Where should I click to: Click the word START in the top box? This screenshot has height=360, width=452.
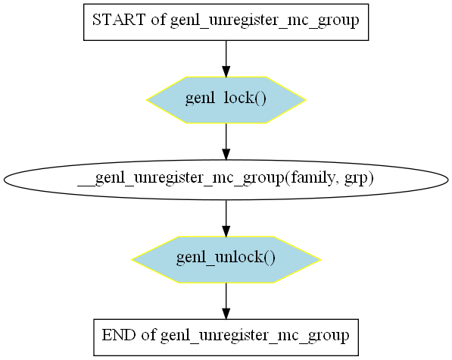119,20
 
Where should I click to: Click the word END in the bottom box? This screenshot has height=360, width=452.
119,335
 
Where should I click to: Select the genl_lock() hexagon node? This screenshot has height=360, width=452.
226,100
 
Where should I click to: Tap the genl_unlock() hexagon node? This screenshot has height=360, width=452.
226,260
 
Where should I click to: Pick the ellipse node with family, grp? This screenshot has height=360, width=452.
226,180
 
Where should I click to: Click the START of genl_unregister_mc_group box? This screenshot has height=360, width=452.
226,22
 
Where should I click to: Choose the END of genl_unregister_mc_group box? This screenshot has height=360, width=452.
226,337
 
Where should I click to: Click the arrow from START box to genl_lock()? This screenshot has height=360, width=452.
226,59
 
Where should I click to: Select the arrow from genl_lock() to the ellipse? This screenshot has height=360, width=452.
226,142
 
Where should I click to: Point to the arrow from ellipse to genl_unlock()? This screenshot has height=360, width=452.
226,218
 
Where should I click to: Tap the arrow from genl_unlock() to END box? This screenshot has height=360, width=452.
226,301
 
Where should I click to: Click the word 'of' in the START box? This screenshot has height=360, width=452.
158,20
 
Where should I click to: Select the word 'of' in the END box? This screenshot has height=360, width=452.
148,335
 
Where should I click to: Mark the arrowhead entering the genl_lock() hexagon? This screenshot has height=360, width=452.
226,72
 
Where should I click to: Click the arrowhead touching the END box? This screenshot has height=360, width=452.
226,314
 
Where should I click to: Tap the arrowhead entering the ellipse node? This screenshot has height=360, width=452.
226,155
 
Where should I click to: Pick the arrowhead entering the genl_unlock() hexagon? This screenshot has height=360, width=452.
226,231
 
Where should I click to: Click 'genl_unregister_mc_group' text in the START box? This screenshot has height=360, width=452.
265,21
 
